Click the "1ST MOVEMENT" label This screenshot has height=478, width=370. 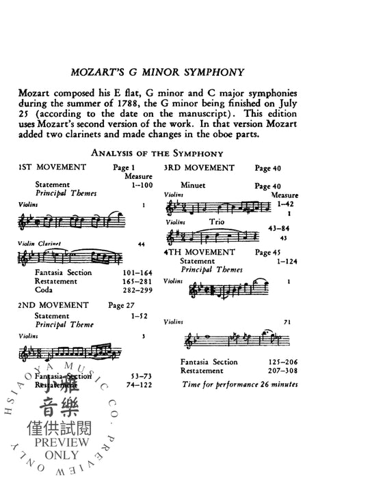point(52,167)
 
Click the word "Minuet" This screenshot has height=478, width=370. point(194,185)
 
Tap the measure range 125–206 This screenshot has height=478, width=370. point(277,362)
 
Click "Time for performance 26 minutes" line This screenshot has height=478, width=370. point(240,384)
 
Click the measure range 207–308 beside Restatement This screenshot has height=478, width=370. point(277,371)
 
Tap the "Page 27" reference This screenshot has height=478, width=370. point(121,305)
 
